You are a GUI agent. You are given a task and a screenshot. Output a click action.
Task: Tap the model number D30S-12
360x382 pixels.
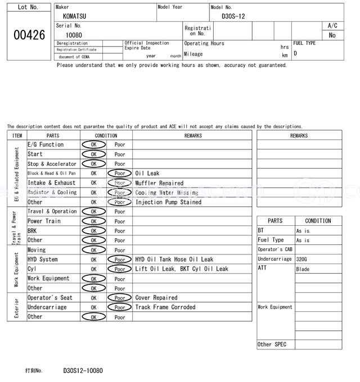tap(233, 16)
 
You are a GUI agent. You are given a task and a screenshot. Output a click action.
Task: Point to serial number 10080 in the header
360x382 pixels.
tap(74, 35)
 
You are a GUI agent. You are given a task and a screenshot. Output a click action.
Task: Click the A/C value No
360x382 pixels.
tap(332, 35)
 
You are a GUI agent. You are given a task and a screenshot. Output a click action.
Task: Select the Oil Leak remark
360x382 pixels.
tap(147, 174)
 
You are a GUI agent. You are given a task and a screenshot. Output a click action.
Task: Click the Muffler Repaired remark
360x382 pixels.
tap(159, 183)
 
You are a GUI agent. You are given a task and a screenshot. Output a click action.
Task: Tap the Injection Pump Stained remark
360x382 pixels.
tap(168, 202)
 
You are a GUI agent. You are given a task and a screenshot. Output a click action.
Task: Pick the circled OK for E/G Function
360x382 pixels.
tap(93, 145)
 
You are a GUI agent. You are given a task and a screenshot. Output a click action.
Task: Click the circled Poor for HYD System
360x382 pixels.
tap(119, 260)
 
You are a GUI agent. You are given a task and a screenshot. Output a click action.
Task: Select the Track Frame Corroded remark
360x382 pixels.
tap(165, 307)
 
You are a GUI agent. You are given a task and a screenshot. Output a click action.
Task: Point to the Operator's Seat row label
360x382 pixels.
tap(50, 298)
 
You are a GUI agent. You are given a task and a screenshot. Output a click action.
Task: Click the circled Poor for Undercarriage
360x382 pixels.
tap(119, 307)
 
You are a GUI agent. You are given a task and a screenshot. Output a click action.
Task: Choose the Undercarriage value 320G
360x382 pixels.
tap(302, 260)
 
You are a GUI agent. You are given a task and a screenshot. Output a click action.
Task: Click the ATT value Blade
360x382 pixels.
tap(303, 269)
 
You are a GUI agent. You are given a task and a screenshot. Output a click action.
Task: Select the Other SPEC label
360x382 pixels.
tap(272, 344)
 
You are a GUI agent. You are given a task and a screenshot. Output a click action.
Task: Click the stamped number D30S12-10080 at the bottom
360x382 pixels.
tap(83, 371)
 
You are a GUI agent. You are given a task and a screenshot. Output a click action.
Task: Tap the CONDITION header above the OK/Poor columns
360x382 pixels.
tap(106, 135)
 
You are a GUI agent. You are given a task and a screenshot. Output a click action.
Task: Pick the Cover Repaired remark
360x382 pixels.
tap(156, 298)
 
